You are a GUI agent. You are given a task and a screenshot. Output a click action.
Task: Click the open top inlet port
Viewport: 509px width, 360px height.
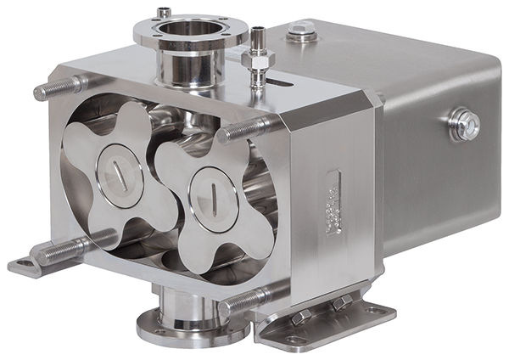(x=190, y=28)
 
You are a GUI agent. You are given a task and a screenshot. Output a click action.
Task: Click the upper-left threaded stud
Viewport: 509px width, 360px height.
(x=59, y=87)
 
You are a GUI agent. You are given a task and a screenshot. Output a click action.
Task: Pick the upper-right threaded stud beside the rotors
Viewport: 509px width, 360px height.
(x=246, y=129)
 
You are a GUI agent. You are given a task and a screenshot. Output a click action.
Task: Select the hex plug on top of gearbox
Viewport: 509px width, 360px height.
(x=300, y=33)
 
